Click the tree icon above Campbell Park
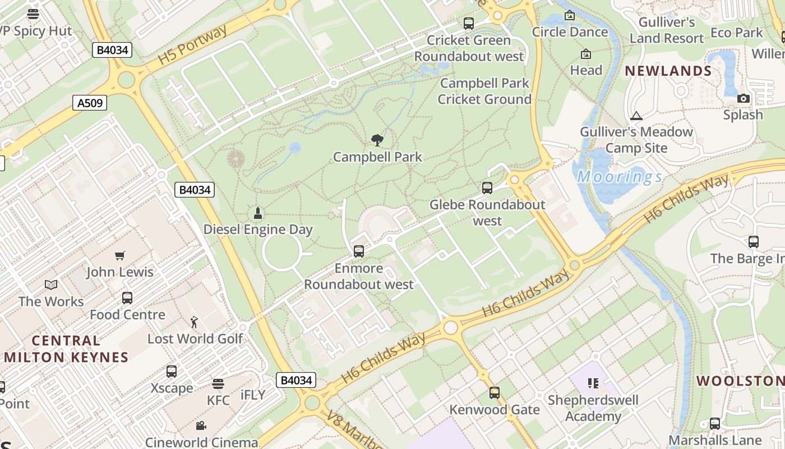click(x=377, y=140)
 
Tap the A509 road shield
click(x=90, y=103)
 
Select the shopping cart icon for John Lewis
click(x=119, y=256)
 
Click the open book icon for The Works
click(x=51, y=285)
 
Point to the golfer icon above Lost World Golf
click(x=194, y=322)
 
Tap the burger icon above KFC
click(x=218, y=383)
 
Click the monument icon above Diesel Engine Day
click(x=258, y=213)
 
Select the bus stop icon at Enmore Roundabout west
click(x=359, y=251)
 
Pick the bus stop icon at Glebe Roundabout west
click(x=487, y=188)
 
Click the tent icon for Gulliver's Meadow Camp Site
click(x=636, y=116)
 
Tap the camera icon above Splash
click(x=744, y=99)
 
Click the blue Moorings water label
click(x=620, y=177)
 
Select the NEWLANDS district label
click(x=668, y=71)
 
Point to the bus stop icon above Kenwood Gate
click(x=494, y=393)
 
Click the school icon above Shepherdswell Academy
click(x=593, y=383)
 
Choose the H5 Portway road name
click(x=192, y=45)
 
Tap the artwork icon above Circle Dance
click(x=570, y=16)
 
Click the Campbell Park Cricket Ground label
click(x=484, y=91)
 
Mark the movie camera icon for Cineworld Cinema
click(x=201, y=425)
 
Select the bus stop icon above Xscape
click(x=172, y=372)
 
